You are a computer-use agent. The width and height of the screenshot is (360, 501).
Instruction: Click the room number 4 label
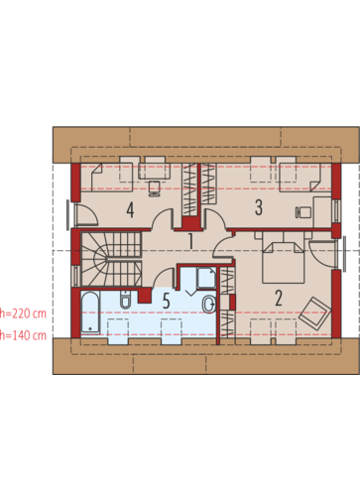130,210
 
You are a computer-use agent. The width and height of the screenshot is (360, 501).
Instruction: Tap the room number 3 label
259,207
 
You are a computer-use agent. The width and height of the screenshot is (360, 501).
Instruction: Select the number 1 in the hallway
190,241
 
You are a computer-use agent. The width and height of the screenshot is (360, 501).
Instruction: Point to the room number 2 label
279,298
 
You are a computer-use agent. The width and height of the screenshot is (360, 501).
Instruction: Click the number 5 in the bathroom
167,301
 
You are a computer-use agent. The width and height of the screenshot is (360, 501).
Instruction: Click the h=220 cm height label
23,313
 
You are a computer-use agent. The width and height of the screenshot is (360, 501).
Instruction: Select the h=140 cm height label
23,335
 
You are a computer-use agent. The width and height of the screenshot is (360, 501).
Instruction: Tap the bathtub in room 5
90,312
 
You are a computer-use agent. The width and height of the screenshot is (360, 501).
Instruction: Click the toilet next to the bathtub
126,300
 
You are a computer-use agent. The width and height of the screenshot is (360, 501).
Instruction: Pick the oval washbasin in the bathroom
209,304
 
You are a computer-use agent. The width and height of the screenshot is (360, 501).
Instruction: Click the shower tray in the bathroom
206,277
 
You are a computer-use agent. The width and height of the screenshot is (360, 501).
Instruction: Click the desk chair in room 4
154,188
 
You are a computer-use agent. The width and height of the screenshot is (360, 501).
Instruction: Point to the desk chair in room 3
302,212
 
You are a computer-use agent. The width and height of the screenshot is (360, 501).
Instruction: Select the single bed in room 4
107,178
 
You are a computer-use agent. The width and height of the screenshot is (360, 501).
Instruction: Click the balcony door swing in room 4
86,214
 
